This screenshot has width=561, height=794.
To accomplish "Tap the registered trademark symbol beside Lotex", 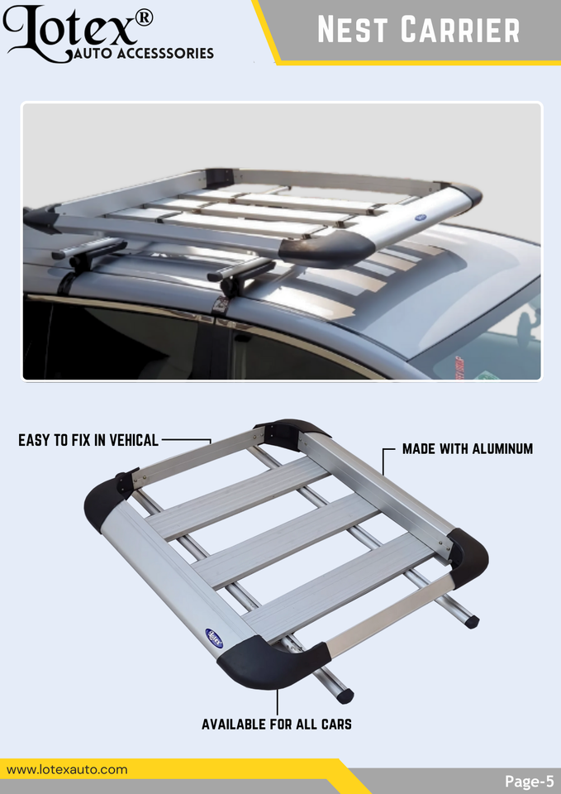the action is pyautogui.click(x=143, y=17).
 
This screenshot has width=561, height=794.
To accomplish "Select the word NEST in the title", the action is pyautogui.click(x=354, y=31).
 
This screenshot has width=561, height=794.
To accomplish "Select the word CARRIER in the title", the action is pyautogui.click(x=460, y=31).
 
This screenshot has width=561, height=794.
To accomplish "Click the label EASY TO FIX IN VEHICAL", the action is pyautogui.click(x=88, y=440).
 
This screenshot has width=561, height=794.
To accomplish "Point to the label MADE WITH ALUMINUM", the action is pyautogui.click(x=467, y=449).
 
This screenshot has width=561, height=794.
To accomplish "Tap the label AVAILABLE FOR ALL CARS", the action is pyautogui.click(x=277, y=725).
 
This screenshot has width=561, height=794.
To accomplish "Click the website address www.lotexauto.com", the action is pyautogui.click(x=67, y=769).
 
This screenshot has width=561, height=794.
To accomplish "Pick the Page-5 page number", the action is pyautogui.click(x=529, y=781).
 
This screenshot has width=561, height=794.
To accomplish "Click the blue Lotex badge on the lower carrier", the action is pyautogui.click(x=214, y=638).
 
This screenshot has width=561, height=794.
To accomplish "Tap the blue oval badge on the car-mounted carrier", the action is pyautogui.click(x=419, y=218).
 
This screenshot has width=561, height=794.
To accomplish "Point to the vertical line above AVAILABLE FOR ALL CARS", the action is pyautogui.click(x=277, y=701).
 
